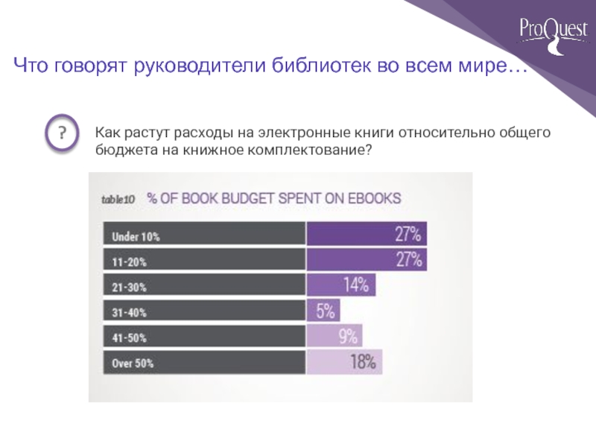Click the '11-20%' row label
click(x=130, y=262)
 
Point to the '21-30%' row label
click(x=130, y=287)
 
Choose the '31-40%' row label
click(x=130, y=312)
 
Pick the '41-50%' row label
click(x=130, y=337)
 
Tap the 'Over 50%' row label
click(x=133, y=364)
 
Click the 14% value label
click(x=355, y=285)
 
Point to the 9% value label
click(x=349, y=336)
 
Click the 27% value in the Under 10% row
click(x=408, y=235)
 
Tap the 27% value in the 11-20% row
click(x=408, y=260)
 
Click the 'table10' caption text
click(x=117, y=200)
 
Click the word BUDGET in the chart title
click(x=243, y=199)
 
